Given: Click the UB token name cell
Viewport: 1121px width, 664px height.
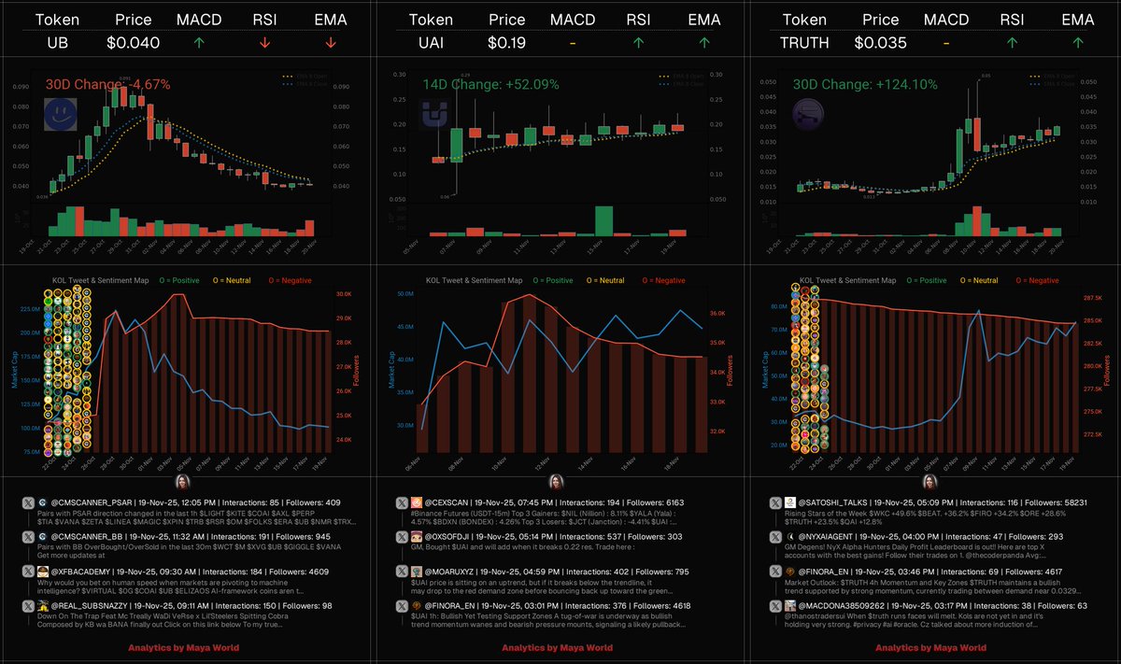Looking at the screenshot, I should (x=61, y=42).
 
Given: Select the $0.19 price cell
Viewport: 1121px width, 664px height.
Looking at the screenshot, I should (x=506, y=42).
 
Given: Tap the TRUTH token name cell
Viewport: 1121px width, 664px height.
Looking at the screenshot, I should (x=804, y=42).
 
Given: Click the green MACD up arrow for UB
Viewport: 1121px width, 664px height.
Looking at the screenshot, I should (x=199, y=42).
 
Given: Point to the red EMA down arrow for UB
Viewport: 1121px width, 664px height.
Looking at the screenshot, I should (x=330, y=42).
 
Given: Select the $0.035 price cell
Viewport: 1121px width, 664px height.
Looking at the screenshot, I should (x=880, y=42).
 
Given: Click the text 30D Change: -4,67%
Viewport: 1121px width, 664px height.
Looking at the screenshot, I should (x=108, y=84).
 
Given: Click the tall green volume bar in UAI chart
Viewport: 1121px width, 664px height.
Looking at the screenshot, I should (x=603, y=221).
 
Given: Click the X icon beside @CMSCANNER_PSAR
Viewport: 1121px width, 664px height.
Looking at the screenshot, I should (x=27, y=503).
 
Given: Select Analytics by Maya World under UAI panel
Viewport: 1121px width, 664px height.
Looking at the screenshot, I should (x=557, y=647).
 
